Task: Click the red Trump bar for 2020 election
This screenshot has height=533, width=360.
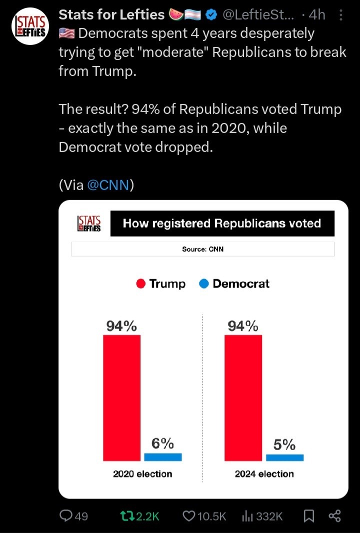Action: pos(121,397)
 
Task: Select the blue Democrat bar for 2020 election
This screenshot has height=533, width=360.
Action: pos(163,457)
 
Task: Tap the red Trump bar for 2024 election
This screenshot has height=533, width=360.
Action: pos(243,397)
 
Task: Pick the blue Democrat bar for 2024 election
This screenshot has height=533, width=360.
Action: pos(284,457)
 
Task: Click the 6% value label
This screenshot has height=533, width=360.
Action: pos(163,443)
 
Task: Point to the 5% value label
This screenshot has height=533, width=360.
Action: pos(284,444)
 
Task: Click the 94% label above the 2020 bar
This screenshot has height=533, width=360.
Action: pos(121,326)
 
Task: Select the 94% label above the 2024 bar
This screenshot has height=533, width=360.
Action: pos(243,326)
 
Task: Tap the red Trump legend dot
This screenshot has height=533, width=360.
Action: pos(141,284)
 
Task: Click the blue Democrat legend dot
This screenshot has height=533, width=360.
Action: pos(204,284)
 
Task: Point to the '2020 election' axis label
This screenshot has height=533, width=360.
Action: pos(142,473)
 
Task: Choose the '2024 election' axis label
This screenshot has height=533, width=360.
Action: pos(264,473)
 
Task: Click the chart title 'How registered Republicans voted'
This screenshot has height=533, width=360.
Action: pos(222,223)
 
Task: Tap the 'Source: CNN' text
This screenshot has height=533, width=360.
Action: pos(203,248)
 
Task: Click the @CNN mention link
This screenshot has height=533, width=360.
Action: pos(108,185)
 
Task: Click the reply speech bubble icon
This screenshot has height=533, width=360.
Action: pos(65,516)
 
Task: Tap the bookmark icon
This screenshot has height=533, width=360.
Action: pos(309,516)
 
